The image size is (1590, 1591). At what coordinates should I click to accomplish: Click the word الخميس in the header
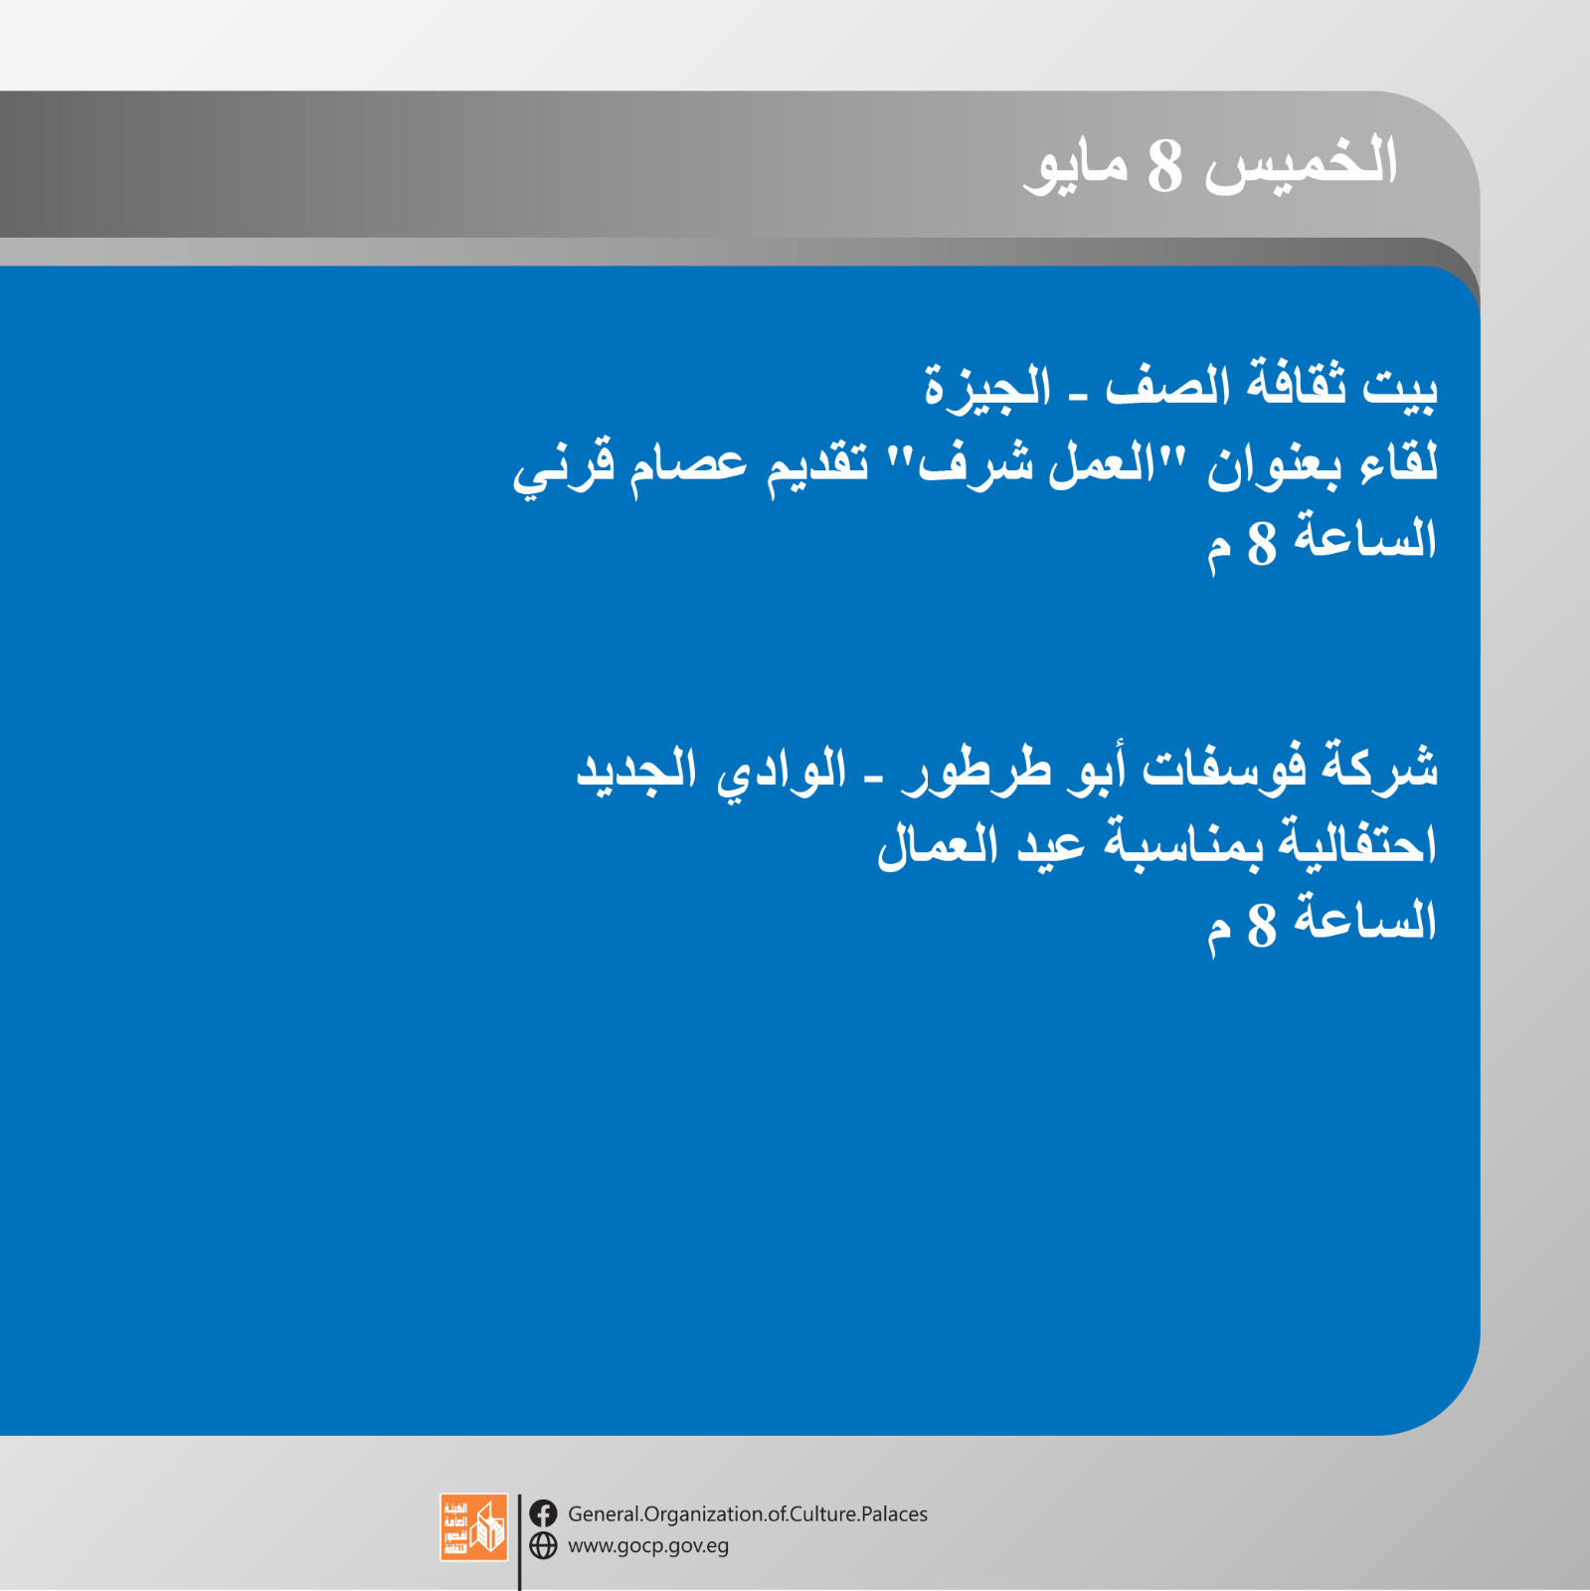[1302, 162]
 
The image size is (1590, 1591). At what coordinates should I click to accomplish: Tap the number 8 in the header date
[1164, 166]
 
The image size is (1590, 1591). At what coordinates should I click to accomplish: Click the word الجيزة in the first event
[986, 386]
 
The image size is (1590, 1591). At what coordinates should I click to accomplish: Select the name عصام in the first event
[687, 465]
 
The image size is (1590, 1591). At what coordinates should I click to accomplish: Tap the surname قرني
[563, 467]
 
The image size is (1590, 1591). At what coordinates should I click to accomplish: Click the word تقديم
[816, 465]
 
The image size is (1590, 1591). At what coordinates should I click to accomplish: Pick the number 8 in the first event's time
[1262, 543]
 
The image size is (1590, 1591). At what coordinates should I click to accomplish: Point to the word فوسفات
[1224, 768]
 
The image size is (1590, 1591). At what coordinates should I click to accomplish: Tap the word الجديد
[636, 770]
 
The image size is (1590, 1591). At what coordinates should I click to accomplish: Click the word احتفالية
[1357, 843]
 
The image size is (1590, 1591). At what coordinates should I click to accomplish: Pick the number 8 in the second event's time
[1262, 925]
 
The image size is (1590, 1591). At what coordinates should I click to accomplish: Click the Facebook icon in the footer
[543, 1513]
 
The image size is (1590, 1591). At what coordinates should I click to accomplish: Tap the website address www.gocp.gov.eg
[648, 1546]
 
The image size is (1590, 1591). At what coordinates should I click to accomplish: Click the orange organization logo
[474, 1527]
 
